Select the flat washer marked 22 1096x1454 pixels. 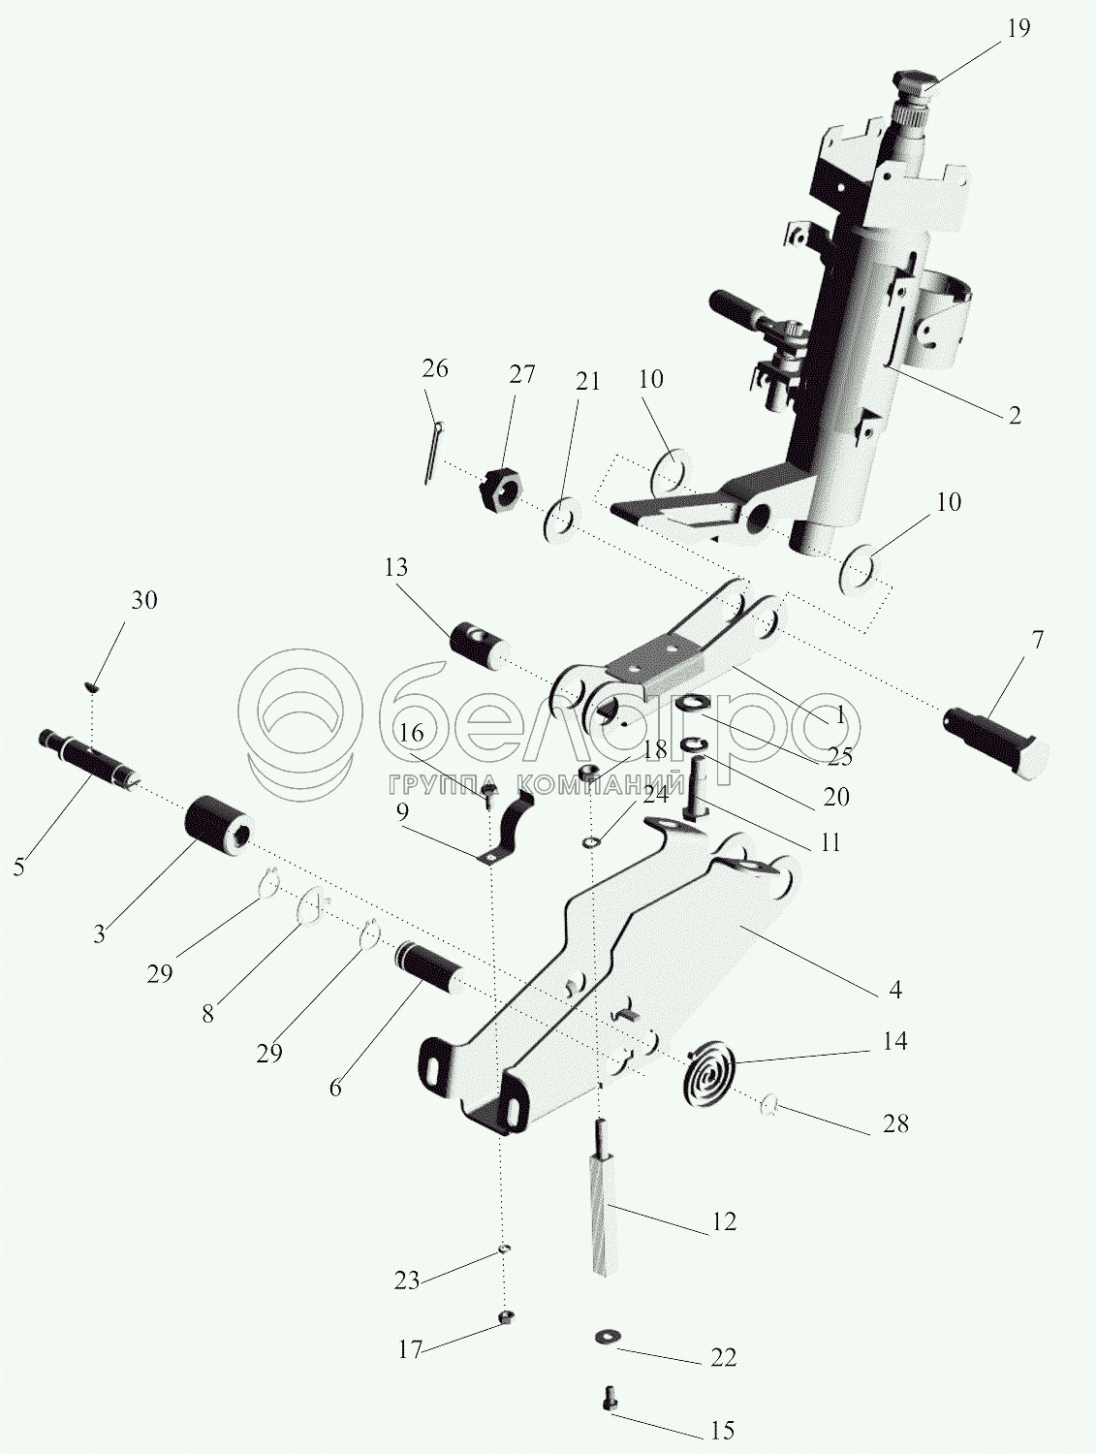pyautogui.click(x=607, y=1337)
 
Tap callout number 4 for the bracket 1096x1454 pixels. pyautogui.click(x=894, y=990)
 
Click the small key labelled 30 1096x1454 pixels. pyautogui.click(x=92, y=686)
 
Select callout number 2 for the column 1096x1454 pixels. pyautogui.click(x=1015, y=415)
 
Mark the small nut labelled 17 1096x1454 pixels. pyautogui.click(x=505, y=1316)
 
